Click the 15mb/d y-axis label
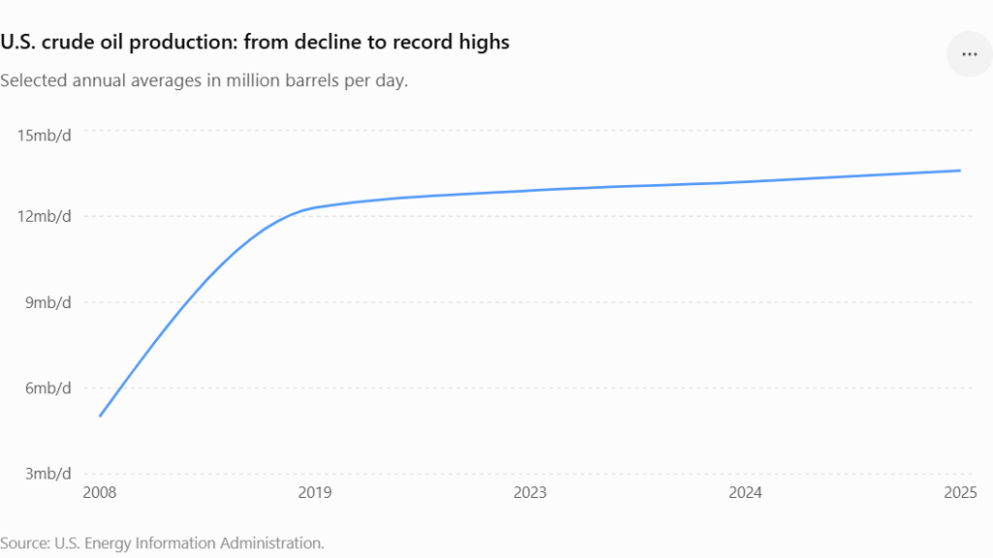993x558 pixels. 44,136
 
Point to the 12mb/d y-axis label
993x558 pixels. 44,216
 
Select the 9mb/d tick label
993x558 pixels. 48,302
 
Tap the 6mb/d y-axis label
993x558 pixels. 48,387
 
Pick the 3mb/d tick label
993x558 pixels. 48,474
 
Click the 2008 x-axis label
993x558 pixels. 100,493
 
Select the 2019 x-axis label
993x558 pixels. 315,493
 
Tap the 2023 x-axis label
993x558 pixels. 530,493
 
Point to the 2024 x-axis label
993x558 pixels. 746,493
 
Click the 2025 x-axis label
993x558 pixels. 961,493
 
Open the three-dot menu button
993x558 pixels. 970,54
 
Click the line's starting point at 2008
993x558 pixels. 100,417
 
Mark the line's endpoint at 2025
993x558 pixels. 960,170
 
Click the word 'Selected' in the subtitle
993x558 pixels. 34,81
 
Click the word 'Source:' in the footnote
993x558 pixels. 25,543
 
